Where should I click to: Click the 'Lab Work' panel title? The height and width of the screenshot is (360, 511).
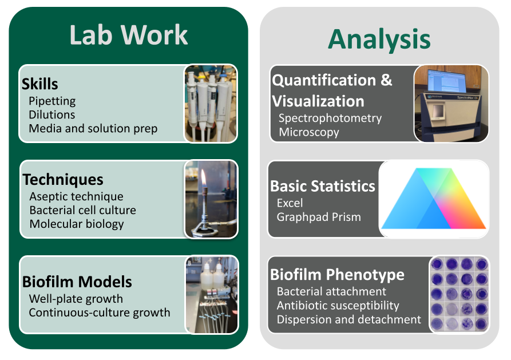click(x=128, y=35)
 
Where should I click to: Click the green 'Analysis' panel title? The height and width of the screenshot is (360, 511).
click(x=379, y=39)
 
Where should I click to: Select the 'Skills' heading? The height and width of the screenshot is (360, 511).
click(x=40, y=84)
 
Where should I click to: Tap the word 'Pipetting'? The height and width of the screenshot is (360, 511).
click(x=52, y=101)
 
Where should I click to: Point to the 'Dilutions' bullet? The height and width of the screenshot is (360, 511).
click(x=52, y=114)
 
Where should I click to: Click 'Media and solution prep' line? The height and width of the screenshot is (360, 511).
click(x=93, y=129)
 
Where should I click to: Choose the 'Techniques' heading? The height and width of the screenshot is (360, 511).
click(x=63, y=179)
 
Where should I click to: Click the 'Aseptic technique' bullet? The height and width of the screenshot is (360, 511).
click(x=76, y=196)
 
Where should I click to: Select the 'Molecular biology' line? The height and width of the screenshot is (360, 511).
click(x=77, y=224)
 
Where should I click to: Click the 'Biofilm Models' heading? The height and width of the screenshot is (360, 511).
click(x=77, y=282)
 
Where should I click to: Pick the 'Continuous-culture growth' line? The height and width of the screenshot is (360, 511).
click(x=100, y=312)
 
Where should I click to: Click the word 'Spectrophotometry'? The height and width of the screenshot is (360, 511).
click(x=330, y=118)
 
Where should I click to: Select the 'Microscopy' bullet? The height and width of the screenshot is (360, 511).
click(x=309, y=132)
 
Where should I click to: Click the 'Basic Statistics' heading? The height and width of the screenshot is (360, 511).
click(x=323, y=187)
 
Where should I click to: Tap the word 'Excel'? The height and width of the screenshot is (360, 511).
click(x=290, y=203)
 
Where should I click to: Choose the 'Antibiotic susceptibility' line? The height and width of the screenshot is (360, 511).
click(x=338, y=306)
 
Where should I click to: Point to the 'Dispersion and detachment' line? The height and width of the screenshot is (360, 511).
click(x=348, y=319)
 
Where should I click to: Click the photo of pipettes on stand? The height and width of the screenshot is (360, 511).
click(x=210, y=103)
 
